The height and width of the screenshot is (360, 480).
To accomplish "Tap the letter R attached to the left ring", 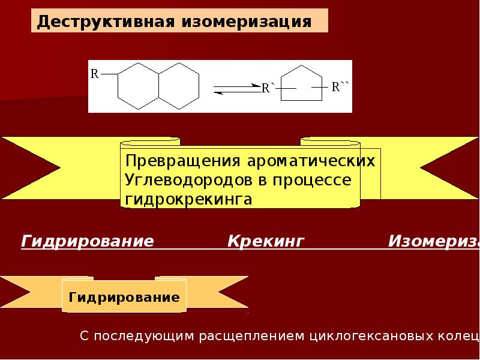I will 94,74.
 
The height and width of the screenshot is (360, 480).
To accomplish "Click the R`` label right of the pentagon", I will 340,87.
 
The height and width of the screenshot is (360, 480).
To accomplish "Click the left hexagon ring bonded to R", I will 139,86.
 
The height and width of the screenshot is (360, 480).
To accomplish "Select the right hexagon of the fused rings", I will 179,86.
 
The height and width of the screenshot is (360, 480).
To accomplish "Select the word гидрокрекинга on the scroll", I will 187,199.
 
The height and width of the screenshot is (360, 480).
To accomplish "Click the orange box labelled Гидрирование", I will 124,297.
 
